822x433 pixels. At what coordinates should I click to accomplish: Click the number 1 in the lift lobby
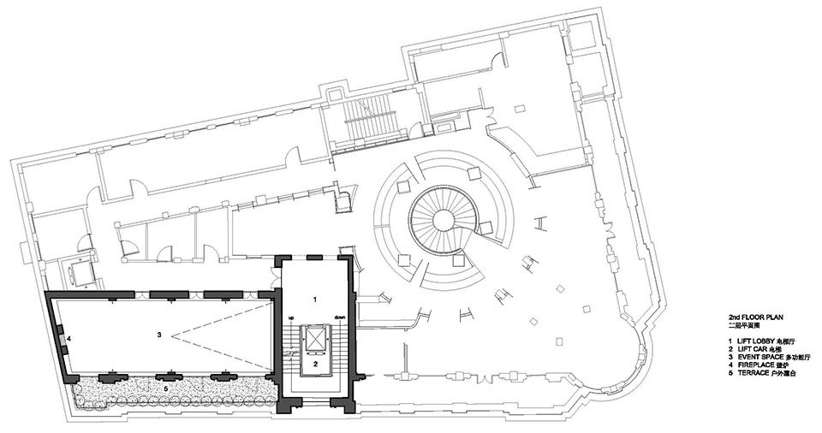(x=314, y=300)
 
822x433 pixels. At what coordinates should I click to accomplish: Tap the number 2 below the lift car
(x=315, y=364)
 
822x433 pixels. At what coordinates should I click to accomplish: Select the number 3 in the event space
(x=159, y=333)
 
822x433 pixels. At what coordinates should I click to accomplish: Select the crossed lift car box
(x=315, y=340)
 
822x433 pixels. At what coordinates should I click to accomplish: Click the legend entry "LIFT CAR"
(x=744, y=349)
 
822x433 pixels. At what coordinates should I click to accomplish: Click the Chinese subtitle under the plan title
(x=732, y=325)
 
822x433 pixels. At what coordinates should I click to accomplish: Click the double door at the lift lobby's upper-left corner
(x=273, y=272)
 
